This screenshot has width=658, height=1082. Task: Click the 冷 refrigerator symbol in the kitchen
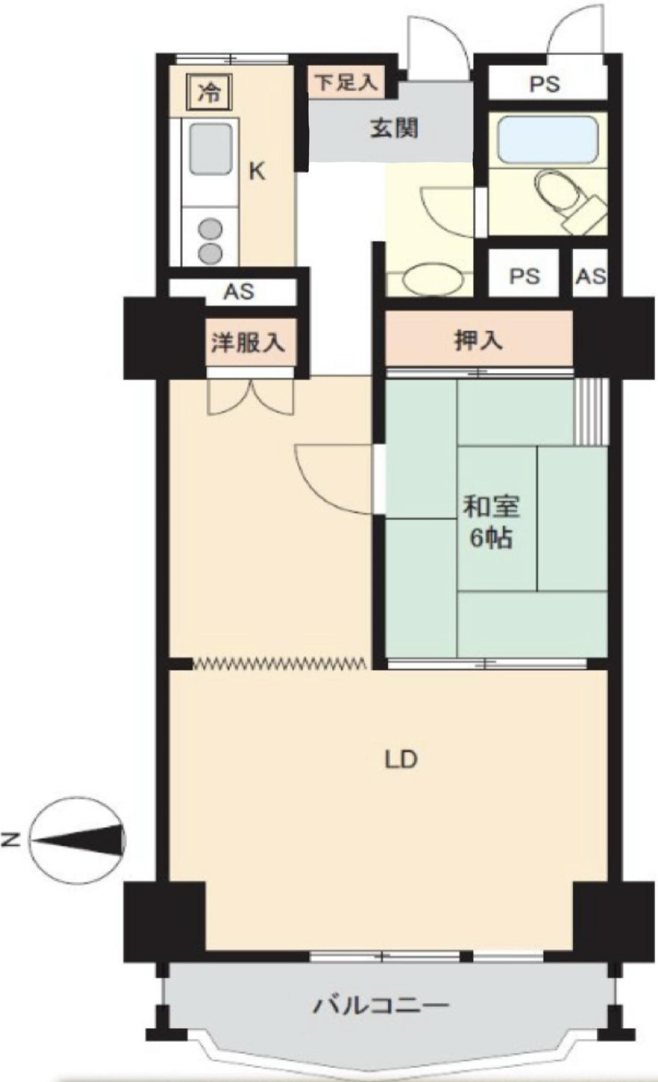[209, 92]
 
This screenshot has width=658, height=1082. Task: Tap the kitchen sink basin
[211, 149]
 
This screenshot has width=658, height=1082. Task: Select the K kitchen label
[257, 171]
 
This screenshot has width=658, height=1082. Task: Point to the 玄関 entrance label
[395, 128]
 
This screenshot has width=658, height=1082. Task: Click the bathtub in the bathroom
[548, 140]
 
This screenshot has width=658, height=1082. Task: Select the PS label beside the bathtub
[544, 84]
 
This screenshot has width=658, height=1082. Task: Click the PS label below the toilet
[524, 276]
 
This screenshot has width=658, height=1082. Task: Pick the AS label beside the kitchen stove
[239, 292]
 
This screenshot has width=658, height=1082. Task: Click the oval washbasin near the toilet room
[433, 279]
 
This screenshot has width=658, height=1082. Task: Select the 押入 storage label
[478, 340]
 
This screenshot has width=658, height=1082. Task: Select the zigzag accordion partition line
[279, 664]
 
